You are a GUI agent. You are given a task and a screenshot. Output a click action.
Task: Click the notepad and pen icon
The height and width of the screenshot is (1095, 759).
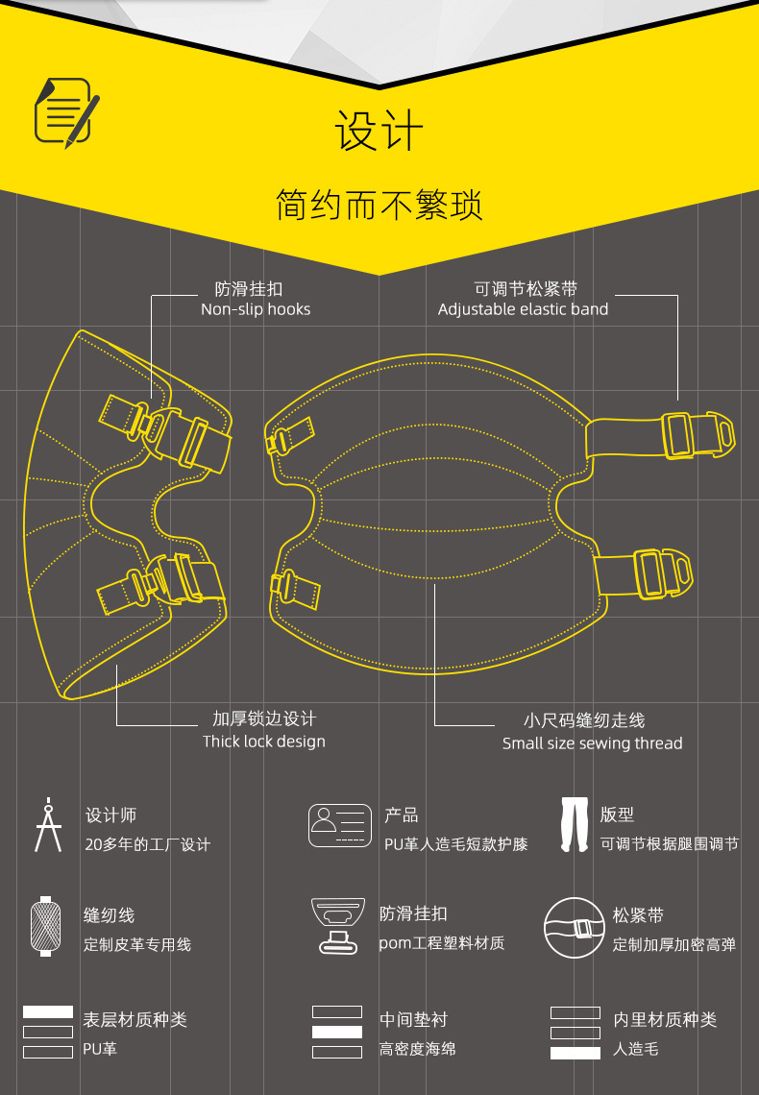tap(67, 112)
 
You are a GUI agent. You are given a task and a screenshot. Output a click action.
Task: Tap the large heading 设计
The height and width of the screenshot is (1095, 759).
tap(379, 132)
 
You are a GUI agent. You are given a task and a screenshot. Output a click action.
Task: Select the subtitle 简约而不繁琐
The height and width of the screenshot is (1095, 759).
tap(379, 206)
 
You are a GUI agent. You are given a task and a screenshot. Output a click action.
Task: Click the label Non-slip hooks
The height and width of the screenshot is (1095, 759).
tap(256, 309)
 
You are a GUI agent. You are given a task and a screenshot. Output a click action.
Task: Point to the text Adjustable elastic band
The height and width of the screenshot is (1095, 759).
tap(523, 309)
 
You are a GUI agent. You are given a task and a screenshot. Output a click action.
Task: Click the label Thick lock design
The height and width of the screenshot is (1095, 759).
tap(264, 742)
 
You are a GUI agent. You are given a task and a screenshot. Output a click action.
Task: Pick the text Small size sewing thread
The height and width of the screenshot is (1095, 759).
tap(592, 743)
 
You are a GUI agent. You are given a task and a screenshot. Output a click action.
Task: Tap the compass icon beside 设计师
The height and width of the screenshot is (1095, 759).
tap(47, 824)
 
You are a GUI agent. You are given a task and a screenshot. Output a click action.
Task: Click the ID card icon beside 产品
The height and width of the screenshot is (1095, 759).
tap(339, 826)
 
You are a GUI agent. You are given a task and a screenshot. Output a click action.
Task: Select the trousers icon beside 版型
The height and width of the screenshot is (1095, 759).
tap(575, 825)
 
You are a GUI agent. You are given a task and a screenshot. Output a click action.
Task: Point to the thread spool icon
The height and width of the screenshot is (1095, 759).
tap(43, 926)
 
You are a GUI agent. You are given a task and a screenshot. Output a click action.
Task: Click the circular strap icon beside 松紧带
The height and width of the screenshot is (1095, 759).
tap(573, 928)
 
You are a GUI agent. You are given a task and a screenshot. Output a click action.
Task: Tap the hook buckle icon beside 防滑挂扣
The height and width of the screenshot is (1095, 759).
tap(339, 926)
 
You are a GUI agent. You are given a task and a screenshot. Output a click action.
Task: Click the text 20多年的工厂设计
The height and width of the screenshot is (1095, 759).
tap(147, 844)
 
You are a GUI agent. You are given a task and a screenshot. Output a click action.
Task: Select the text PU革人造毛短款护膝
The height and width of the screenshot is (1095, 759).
tap(455, 844)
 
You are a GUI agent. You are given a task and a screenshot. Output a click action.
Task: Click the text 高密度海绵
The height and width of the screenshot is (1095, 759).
tap(417, 1049)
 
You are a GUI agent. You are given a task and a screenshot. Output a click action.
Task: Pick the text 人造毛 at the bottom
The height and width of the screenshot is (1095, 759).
tap(636, 1050)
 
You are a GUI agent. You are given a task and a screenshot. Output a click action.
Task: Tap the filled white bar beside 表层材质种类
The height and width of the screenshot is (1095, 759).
tap(48, 1012)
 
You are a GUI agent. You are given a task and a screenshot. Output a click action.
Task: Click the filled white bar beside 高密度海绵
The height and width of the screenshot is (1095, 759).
tap(337, 1032)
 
